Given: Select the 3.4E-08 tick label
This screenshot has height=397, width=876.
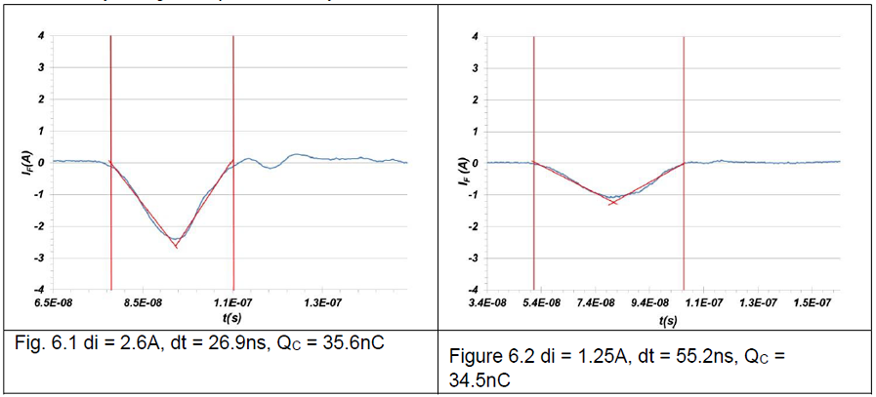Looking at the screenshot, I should pyautogui.click(x=488, y=304).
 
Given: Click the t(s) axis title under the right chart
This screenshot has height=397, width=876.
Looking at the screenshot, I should pyautogui.click(x=668, y=320).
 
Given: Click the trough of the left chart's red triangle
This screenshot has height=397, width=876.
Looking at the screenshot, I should pyautogui.click(x=177, y=247).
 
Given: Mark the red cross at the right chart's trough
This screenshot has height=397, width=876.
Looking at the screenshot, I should pyautogui.click(x=612, y=202).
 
